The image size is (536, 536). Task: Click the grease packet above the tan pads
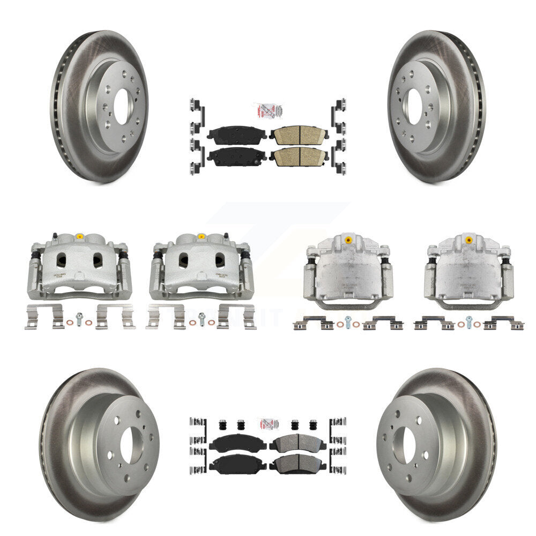(268, 111)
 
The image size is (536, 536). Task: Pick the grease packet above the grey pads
(268, 423)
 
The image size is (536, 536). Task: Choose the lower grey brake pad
(296, 464)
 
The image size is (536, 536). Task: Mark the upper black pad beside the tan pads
(236, 136)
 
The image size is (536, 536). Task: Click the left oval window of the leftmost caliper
(62, 260)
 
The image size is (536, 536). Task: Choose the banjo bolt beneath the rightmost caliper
(470, 322)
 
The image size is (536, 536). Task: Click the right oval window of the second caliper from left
(220, 260)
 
